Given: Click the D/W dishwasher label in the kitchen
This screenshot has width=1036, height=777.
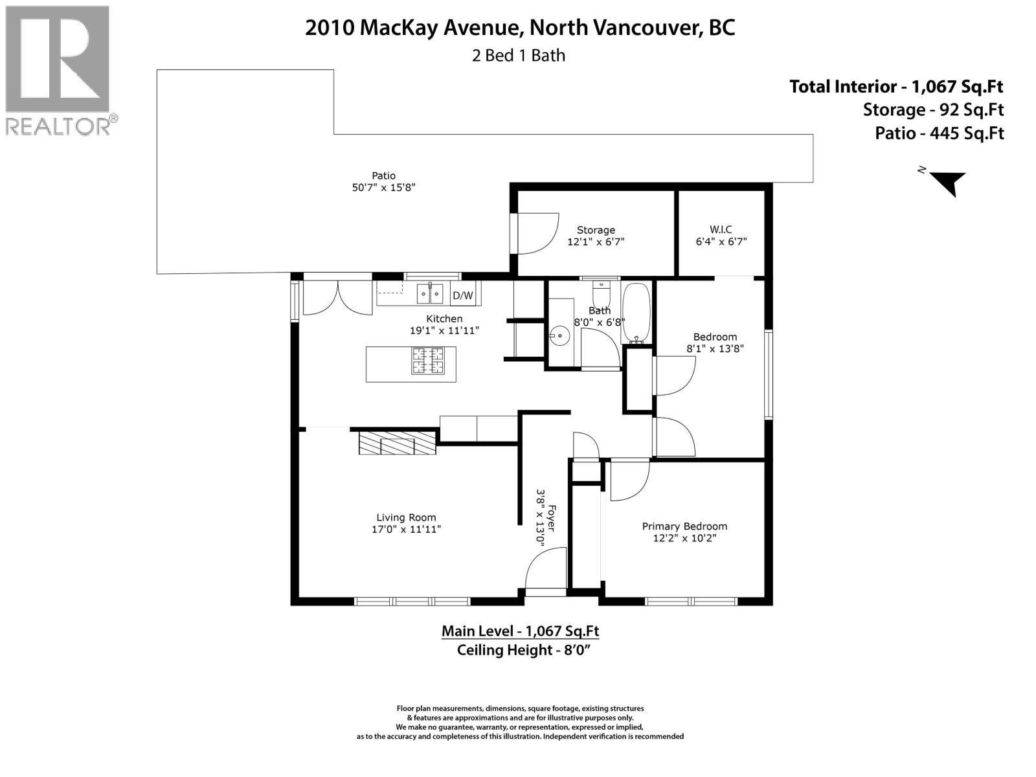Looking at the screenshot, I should click(462, 296).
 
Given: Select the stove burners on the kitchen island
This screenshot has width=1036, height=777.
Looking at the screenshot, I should click(428, 361).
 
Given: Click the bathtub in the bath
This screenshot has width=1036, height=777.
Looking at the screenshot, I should click(636, 313).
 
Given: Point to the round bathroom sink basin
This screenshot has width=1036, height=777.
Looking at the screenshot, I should click(559, 335).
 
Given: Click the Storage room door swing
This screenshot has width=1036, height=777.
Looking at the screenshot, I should click(536, 233).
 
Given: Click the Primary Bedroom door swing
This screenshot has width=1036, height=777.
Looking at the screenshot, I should click(628, 480).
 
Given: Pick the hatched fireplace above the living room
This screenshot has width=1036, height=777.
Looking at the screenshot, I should click(396, 444).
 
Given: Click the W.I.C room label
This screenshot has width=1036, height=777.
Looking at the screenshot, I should click(720, 229).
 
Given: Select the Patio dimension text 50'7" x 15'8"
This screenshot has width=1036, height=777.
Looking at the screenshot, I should click(383, 188).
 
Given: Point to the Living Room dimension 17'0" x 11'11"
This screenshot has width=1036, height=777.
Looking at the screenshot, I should click(406, 529).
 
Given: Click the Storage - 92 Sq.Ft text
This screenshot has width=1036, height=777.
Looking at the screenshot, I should click(932, 110).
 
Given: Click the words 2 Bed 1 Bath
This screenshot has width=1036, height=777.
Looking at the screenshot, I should click(519, 56).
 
